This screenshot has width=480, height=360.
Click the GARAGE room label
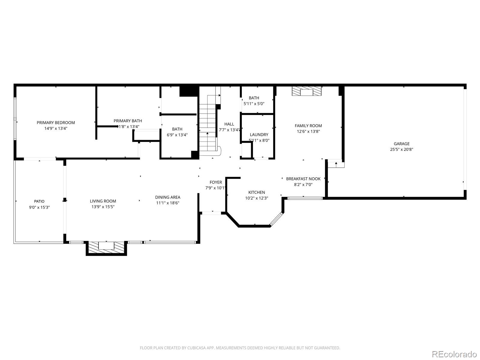401,144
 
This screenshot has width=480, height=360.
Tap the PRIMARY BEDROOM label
56,122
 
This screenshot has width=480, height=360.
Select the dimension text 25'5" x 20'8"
401,149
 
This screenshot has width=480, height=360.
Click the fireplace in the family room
307,91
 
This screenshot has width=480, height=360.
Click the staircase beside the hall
208,126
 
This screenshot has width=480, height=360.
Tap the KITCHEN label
256,192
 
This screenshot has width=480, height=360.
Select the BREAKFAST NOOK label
303,179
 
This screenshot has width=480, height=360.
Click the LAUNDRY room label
259,135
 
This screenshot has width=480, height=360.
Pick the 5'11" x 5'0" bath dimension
254,104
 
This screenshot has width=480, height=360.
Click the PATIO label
39,201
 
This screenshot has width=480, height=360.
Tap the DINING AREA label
168,197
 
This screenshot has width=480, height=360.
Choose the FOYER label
216,182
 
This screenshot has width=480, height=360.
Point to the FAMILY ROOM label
308,126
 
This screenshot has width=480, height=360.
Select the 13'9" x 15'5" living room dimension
103,207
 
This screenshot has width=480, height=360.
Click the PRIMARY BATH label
128,121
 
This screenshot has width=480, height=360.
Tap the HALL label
229,124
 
